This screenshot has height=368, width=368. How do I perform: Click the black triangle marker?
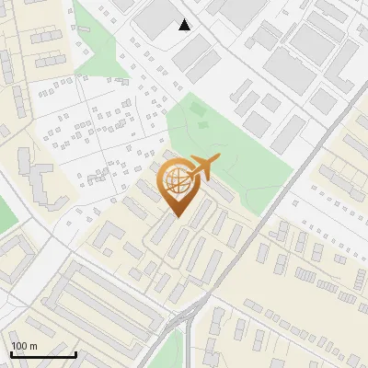pos(185,25)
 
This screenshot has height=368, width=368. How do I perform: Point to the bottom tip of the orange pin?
pos(178,218)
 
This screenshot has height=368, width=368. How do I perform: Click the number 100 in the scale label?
pos(19,346)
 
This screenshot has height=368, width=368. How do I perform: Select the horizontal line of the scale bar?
pos(43,354)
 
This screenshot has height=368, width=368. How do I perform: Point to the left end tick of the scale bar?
pos(11,352)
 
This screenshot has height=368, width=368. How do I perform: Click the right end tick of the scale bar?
pos(75,352)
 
